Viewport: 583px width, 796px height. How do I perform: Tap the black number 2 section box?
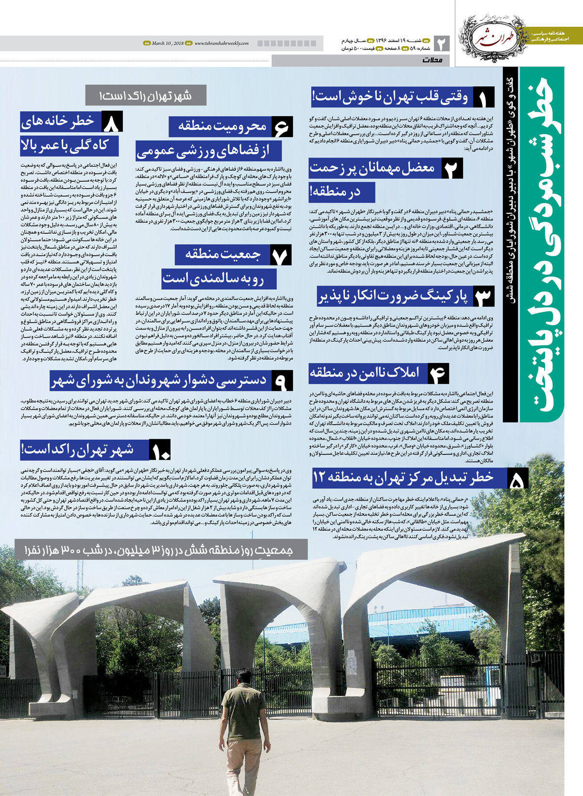(x=452, y=169)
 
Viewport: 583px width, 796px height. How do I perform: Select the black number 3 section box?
(x=482, y=296)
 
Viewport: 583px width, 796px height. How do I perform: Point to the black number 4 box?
(x=437, y=373)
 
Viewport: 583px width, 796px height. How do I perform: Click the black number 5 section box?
(x=518, y=479)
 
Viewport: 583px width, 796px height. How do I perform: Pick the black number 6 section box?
(x=281, y=127)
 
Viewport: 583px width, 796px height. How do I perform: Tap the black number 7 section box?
(x=280, y=255)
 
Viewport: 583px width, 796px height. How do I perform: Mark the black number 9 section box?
(x=281, y=381)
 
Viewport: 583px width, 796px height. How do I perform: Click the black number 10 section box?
(x=160, y=450)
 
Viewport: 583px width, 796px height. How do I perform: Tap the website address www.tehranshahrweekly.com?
(x=222, y=44)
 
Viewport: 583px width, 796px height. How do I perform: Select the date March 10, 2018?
(x=168, y=44)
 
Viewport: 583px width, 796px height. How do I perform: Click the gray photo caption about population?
(x=160, y=550)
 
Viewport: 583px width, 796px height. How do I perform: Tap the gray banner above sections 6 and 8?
(x=146, y=95)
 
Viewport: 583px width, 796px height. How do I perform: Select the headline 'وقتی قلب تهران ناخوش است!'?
(x=391, y=98)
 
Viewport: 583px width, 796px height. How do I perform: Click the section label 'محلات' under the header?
(x=432, y=60)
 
